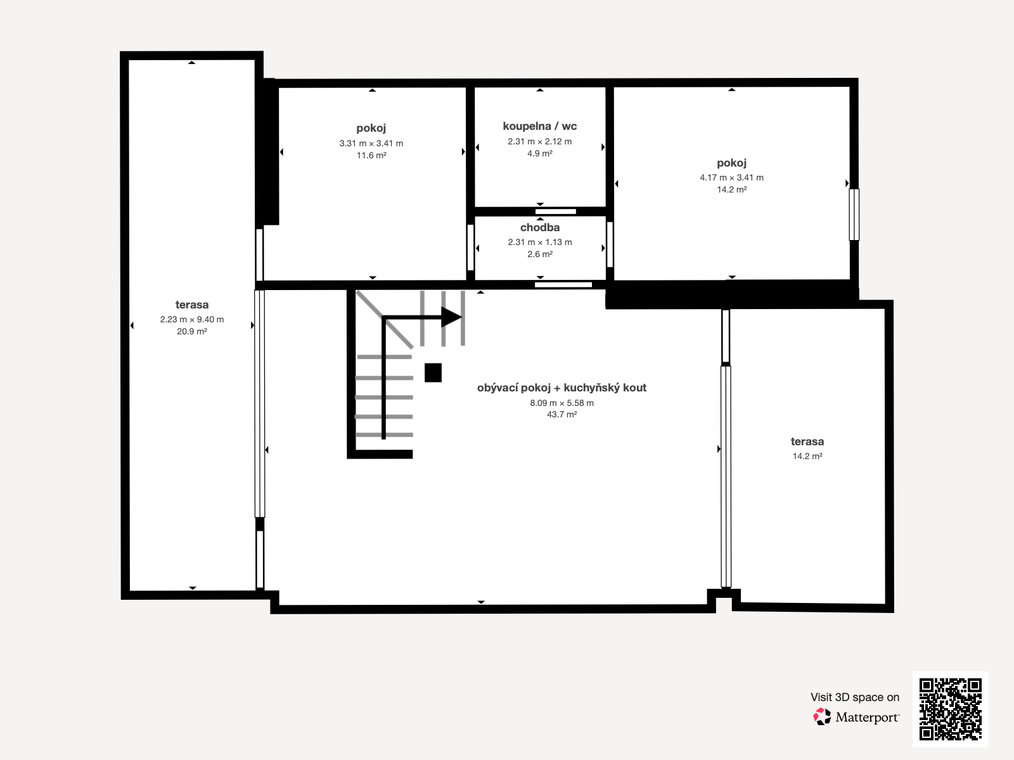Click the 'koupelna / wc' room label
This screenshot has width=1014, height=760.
(x=539, y=126)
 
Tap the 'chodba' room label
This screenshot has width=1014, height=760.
(x=539, y=227)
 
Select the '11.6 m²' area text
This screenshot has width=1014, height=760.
(x=371, y=155)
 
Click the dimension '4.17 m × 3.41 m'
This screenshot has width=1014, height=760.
(x=731, y=177)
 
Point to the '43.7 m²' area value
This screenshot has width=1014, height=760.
(x=562, y=414)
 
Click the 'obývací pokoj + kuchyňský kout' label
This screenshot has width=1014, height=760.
(x=562, y=388)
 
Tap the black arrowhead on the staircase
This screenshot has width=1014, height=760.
(x=451, y=317)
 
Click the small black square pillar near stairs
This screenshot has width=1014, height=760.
(x=433, y=372)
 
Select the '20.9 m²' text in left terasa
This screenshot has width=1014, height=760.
(x=191, y=331)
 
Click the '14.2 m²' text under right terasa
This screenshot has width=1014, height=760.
(x=807, y=456)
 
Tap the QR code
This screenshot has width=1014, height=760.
(x=950, y=709)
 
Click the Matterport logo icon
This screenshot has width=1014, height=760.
(x=822, y=717)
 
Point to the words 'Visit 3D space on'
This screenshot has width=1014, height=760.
(x=854, y=697)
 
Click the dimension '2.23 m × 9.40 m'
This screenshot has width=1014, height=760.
(x=191, y=319)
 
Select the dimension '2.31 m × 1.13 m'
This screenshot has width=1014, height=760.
(x=539, y=242)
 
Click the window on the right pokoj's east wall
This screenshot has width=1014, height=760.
(x=854, y=214)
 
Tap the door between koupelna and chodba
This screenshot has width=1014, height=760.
(x=555, y=212)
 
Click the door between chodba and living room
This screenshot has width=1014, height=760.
(x=563, y=285)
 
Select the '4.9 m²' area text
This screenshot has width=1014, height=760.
(x=539, y=153)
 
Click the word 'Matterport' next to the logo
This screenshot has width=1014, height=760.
(x=867, y=718)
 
